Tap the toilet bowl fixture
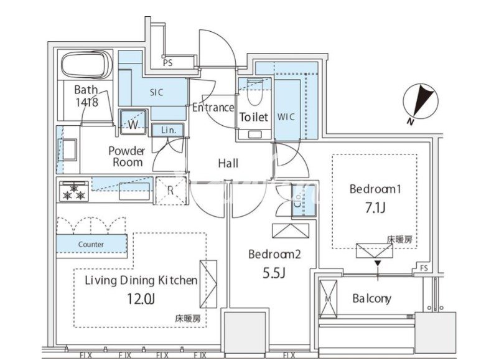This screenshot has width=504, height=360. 254,92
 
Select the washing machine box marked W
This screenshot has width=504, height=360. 133,122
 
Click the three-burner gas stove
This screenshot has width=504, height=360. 74,191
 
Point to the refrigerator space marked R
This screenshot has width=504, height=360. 171,191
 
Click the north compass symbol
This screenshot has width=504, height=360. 421,102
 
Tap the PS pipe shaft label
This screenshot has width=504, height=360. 167,62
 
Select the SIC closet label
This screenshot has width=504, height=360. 157,93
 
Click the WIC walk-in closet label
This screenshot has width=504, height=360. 286,117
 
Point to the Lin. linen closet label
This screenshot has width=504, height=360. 169,130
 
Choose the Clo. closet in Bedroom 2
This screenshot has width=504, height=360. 304,200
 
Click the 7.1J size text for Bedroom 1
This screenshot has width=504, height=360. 375,208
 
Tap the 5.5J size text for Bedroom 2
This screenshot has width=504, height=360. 274,273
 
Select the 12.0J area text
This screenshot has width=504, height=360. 141,299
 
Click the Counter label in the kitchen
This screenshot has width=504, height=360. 91,245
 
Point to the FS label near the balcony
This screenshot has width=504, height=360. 424,268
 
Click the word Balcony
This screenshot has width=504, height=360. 372,298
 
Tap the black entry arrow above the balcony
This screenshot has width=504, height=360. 378,263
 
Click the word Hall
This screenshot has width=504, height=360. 228,163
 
